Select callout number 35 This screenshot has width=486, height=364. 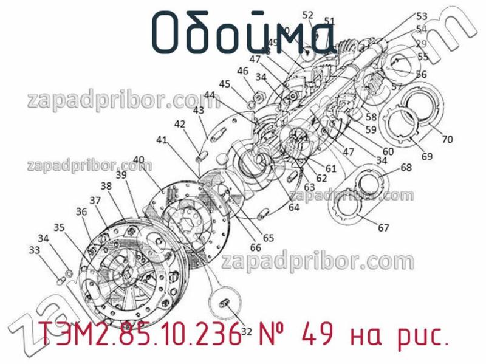pyautogui.click(x=59, y=227)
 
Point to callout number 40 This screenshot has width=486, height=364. pyautogui.click(x=139, y=160)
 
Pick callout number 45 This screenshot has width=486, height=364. pyautogui.click(x=224, y=84)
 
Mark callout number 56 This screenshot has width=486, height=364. pyautogui.click(x=421, y=74)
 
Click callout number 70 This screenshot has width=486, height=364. pyautogui.click(x=447, y=139)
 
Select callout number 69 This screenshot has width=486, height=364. pyautogui.click(x=427, y=157)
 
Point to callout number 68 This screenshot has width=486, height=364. pyautogui.click(x=406, y=168)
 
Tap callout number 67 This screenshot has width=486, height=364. pyautogui.click(x=383, y=228)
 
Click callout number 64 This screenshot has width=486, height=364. pyautogui.click(x=294, y=207)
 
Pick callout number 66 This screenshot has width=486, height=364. pyautogui.click(x=255, y=247)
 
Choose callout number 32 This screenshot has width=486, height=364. pyautogui.click(x=246, y=331)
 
